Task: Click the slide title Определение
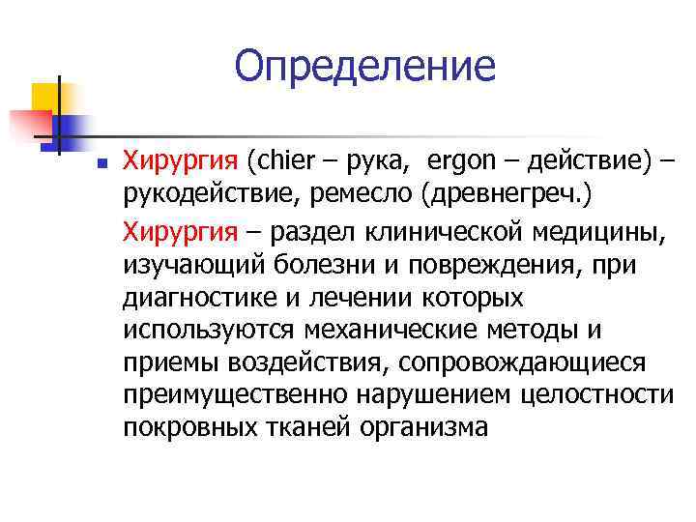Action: [x=364, y=67]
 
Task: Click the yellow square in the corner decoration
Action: [x=45, y=97]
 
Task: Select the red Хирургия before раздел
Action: [x=179, y=232]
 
